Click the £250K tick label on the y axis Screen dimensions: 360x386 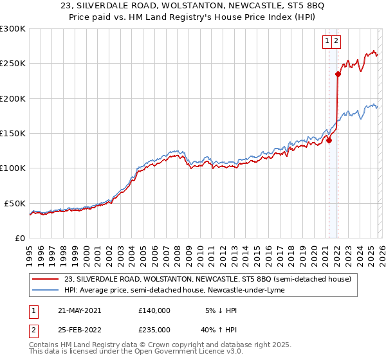[13, 64]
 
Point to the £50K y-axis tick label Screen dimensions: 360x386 [15, 203]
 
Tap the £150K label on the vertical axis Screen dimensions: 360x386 [13, 134]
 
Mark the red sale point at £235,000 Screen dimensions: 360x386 [338, 74]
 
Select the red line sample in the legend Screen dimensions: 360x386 [46, 279]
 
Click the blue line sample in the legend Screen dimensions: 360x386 [46, 290]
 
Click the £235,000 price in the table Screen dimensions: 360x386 [154, 329]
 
